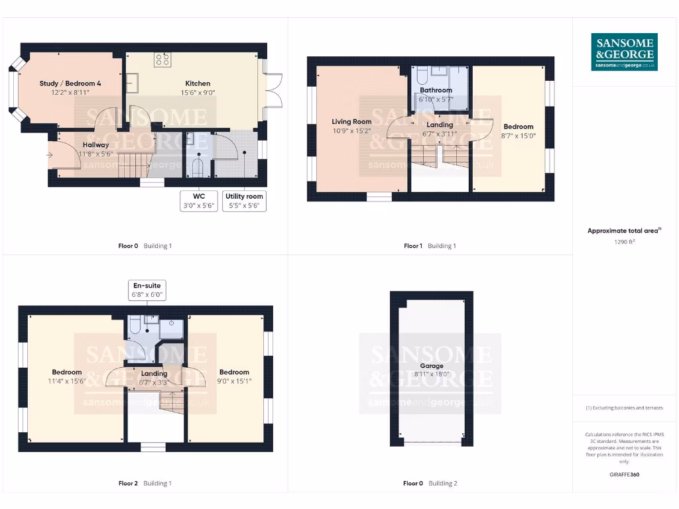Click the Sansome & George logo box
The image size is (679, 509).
[624, 52]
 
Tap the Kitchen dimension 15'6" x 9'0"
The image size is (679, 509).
[198, 93]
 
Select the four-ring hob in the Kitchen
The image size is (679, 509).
[162, 60]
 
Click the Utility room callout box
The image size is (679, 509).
[244, 201]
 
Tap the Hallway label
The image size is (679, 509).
[96, 145]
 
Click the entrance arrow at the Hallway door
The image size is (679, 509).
[52, 155]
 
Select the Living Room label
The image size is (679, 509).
[351, 121]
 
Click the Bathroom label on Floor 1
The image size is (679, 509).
[436, 90]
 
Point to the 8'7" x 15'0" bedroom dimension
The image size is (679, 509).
[519, 135]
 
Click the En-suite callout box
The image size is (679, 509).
[148, 290]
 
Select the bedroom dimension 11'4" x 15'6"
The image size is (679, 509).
[67, 381]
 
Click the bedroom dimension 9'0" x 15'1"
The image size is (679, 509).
[234, 381]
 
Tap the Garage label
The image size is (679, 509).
[431, 366]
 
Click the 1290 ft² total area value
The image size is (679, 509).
[624, 243]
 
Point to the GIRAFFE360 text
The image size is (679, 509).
[624, 475]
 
